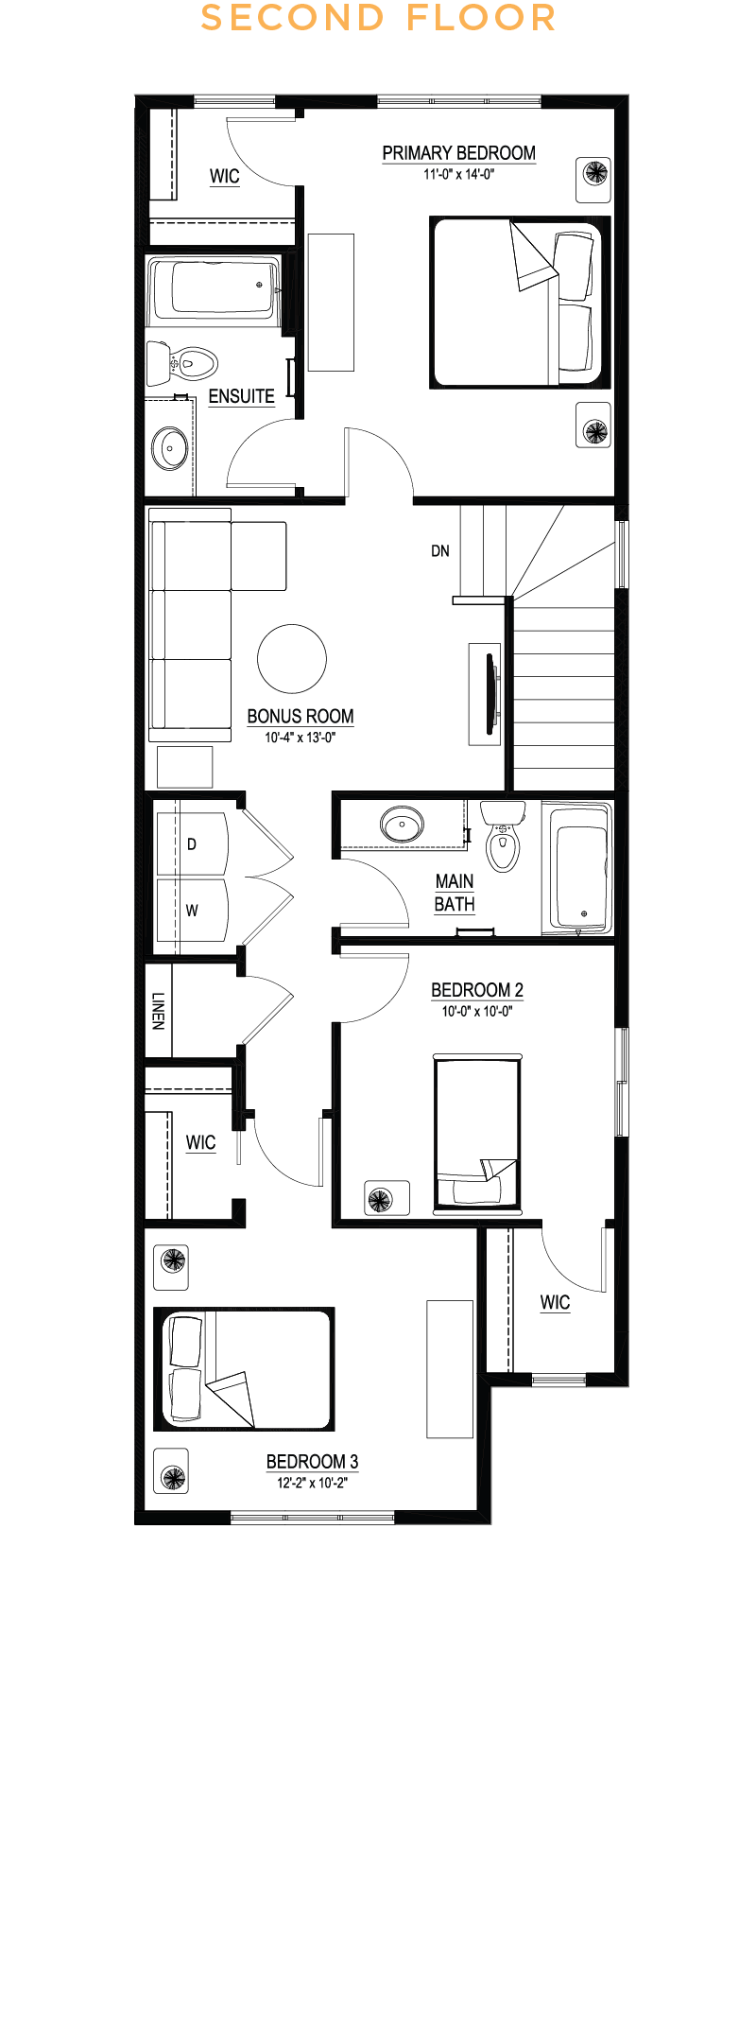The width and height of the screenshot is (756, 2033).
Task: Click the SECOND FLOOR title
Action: pos(378,18)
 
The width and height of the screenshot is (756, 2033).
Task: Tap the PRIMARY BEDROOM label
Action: pos(458,153)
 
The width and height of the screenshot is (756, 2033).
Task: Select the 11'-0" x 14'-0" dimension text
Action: pos(459,174)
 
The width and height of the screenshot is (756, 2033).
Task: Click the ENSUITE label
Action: pos(241,396)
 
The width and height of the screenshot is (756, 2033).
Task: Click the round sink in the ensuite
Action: pos(171,448)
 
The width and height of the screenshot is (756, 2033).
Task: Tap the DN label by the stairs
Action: pos(440,550)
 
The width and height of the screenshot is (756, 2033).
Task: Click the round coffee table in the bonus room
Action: pos(292,659)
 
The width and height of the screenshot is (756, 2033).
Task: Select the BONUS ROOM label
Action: pos(301,717)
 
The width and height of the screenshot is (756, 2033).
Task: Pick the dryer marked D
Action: pos(192,843)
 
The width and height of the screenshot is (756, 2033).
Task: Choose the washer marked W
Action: pos(192,911)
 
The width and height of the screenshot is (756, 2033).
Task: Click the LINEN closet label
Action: pos(158,1011)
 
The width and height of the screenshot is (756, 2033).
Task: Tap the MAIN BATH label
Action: pos(455,893)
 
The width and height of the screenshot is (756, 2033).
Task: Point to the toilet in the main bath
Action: pos(503,835)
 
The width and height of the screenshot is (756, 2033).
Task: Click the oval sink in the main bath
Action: pos(403,824)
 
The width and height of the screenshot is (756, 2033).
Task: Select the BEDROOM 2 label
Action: pos(477,990)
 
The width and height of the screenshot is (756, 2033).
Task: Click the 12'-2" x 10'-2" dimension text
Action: pos(312,1483)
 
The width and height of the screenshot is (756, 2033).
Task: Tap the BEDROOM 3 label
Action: pos(312,1462)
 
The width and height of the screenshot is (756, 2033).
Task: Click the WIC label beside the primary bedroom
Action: pos(225,176)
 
